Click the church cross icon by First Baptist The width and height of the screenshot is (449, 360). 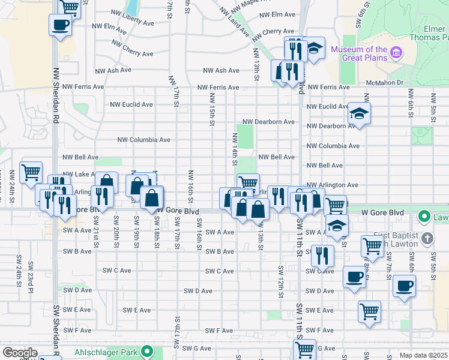tap(427, 239)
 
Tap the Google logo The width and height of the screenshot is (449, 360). tap(20, 353)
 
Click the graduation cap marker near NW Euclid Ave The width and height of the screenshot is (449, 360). tap(359, 113)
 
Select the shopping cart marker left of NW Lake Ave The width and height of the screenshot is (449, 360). tap(31, 172)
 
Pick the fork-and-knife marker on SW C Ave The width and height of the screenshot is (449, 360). tap(323, 256)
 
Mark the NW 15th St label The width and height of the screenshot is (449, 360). tap(212, 109)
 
